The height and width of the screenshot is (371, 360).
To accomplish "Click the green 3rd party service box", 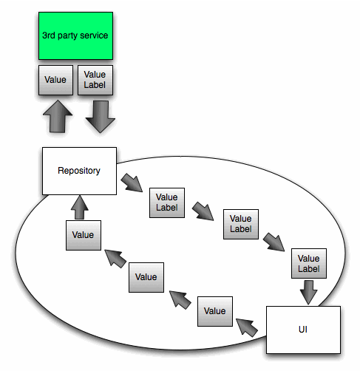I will click(75, 36).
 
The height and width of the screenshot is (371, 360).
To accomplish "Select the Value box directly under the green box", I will click(55, 80).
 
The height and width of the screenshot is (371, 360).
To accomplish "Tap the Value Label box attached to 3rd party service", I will click(95, 80).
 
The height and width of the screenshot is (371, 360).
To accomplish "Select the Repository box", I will click(79, 171).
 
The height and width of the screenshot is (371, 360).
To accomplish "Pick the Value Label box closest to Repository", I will click(168, 202).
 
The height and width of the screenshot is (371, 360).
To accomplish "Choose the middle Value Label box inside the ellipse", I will click(241, 224).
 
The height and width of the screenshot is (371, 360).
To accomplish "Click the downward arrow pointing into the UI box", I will click(309, 292).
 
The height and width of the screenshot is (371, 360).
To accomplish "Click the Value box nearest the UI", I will click(215, 310).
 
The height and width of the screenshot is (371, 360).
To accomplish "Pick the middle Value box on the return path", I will click(146, 276).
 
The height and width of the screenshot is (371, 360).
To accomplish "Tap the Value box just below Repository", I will click(83, 234).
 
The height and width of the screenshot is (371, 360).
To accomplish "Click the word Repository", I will click(79, 171).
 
